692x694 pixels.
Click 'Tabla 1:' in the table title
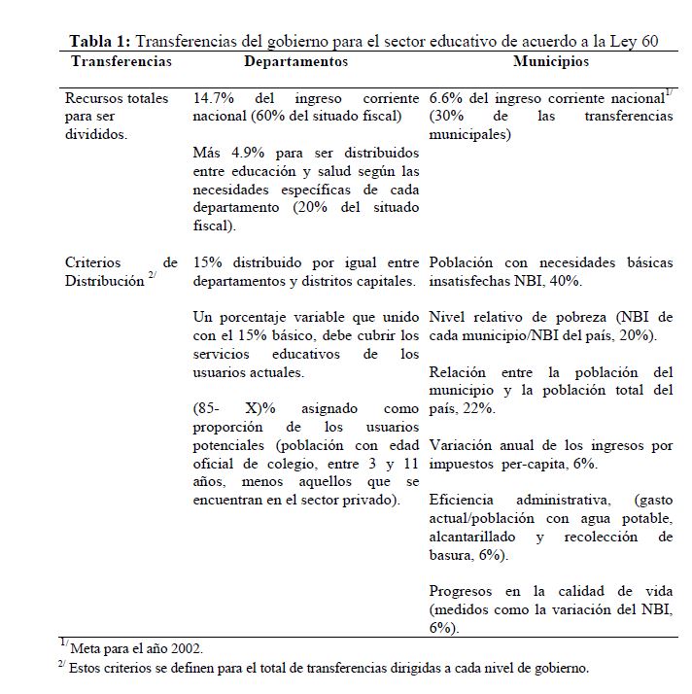coord(100,42)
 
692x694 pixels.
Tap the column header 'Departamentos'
coord(295,61)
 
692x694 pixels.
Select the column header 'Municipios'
coord(551,61)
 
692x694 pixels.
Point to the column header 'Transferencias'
coord(121,61)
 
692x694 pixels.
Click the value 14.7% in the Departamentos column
coord(211,99)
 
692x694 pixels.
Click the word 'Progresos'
coord(465,591)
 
